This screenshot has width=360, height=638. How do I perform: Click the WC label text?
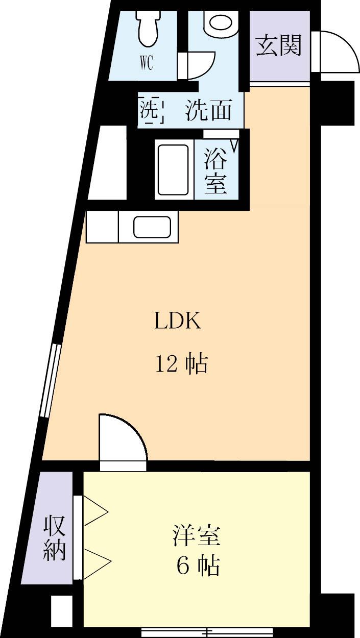tap(146, 65)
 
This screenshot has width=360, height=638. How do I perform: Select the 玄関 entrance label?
tap(279, 45)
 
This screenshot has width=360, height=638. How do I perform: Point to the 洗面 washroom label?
tap(209, 110)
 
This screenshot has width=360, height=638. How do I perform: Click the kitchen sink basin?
tap(152, 227)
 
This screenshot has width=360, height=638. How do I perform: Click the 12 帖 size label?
tap(181, 364)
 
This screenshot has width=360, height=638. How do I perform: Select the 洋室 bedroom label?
tap(197, 536)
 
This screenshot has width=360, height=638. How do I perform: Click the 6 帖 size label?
tap(198, 566)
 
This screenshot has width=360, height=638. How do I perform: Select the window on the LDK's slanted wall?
tap(51, 380)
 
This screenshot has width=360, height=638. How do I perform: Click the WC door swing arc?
tap(202, 65)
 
